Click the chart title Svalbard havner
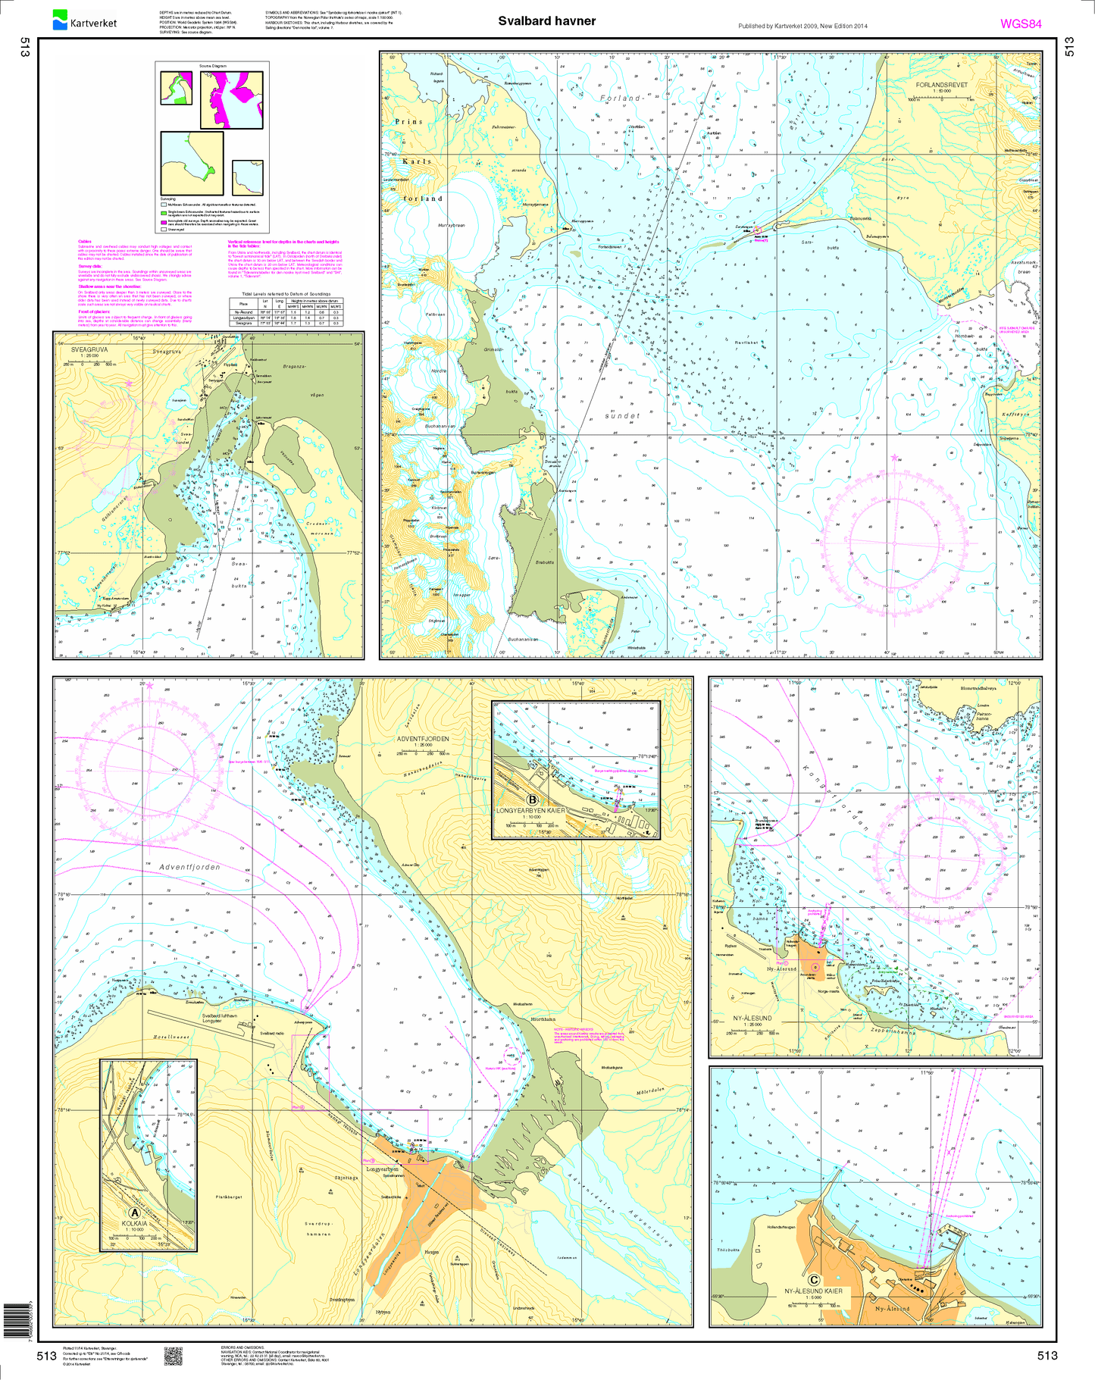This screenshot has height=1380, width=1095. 546,21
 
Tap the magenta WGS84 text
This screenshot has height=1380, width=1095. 1021,24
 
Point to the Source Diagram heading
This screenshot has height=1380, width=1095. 213,66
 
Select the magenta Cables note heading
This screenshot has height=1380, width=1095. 85,242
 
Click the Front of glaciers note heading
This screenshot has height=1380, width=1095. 94,311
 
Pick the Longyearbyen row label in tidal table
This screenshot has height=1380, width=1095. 243,318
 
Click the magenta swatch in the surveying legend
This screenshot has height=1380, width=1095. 163,223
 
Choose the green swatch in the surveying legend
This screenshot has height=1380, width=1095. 163,214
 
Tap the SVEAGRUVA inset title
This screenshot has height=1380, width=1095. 89,350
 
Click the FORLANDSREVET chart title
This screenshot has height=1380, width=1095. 941,85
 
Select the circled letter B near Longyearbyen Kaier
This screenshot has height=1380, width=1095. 533,800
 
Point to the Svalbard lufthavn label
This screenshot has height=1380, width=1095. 220,1015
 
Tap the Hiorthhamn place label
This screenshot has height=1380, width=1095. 543,1019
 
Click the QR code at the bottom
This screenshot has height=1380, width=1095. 174,1357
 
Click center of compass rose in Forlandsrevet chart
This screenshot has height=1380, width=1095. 895,542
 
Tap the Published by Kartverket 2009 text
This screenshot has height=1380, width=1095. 802,26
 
